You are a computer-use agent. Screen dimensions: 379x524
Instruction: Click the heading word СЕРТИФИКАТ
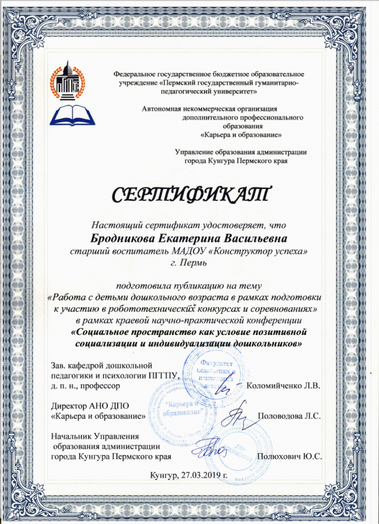click(x=191, y=194)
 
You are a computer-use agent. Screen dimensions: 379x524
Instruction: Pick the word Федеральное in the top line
click(x=139, y=72)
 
